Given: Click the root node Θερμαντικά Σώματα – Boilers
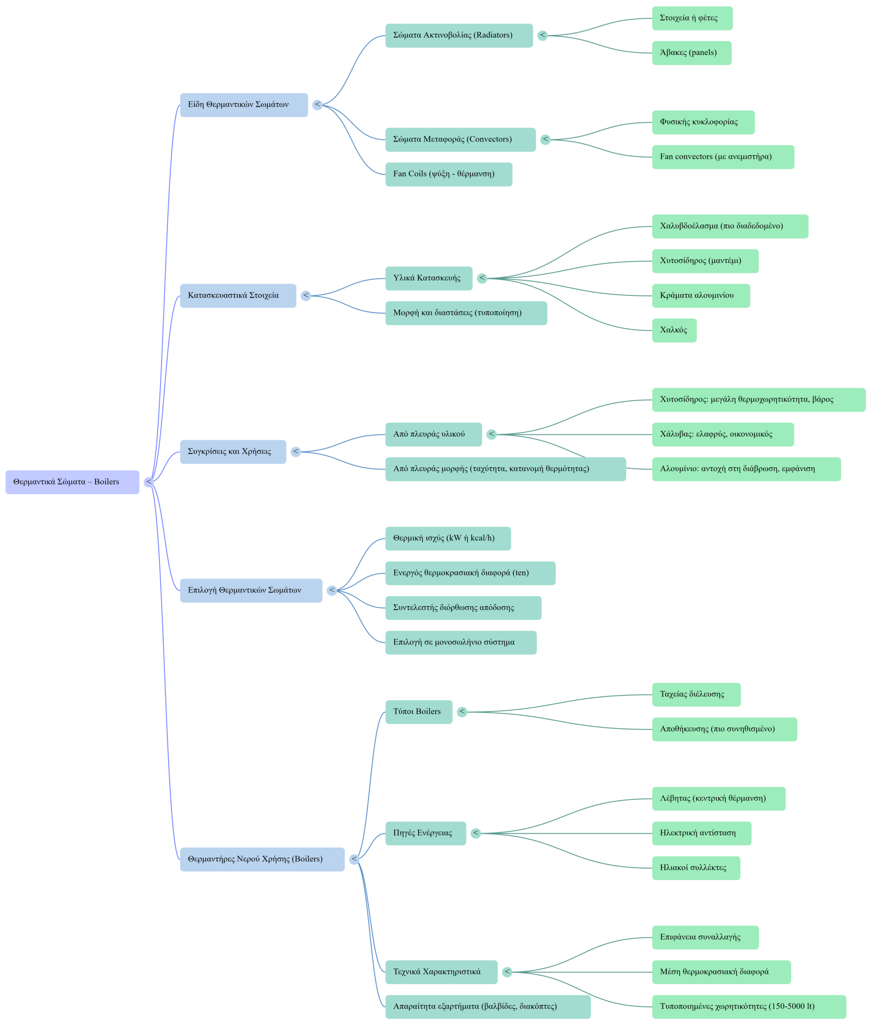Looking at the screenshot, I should point(72,482).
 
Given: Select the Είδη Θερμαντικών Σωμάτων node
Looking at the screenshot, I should point(243,105).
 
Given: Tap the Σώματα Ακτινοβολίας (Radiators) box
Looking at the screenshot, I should point(458,36).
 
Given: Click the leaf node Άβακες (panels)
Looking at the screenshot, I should point(691,53).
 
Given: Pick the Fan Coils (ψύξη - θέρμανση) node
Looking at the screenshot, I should point(448,174).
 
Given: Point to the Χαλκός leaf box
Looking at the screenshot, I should point(674,330).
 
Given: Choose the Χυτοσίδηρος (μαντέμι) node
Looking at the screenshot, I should point(705,261).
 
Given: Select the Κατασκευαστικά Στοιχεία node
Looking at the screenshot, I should point(238,296).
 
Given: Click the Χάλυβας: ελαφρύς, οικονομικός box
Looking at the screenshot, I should point(722,434).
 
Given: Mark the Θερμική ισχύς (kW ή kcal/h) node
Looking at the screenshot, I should point(448,538).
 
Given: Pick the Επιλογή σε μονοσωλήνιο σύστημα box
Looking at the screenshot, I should point(460,643).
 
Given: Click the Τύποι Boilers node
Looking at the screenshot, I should point(418,712).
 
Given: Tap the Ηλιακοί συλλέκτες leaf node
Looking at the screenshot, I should point(695,868).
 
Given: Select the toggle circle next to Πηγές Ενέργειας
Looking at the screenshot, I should point(475,833).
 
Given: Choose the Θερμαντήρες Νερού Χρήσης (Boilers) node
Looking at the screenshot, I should point(262,859).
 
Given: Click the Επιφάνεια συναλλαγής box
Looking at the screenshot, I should point(705,937).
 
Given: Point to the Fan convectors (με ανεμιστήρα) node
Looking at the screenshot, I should point(722,157).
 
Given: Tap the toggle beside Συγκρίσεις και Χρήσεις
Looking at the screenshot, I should point(295,452).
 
